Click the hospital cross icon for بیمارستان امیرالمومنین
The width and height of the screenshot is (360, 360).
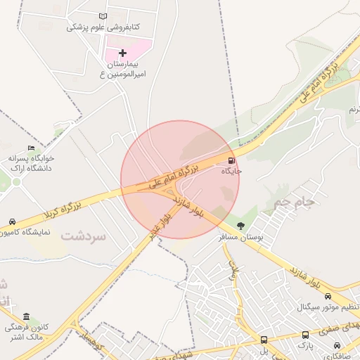123,53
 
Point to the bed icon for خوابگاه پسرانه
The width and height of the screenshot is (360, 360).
30,148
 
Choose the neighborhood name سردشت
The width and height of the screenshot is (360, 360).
83,236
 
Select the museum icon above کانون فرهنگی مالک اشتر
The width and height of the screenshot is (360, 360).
27,316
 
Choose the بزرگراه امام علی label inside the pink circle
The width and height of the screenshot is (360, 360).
174,177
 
